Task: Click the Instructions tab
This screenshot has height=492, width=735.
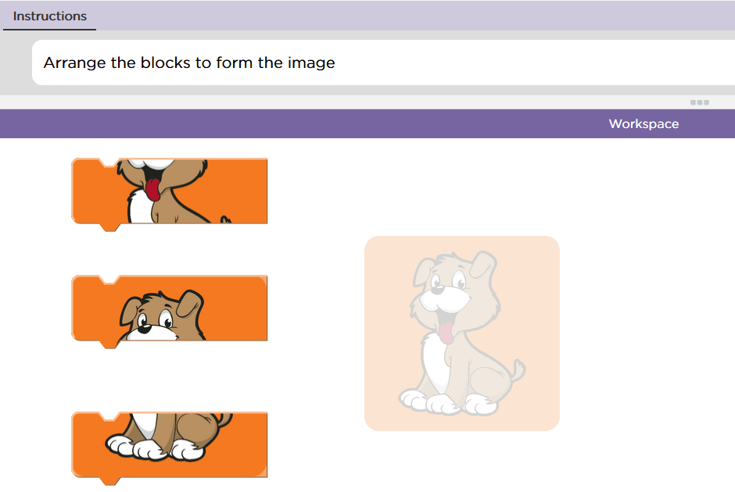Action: click(x=50, y=16)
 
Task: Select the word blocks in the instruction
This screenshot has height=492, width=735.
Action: click(x=166, y=62)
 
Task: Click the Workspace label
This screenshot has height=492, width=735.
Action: click(x=644, y=123)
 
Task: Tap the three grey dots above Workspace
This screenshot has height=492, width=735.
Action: click(x=699, y=102)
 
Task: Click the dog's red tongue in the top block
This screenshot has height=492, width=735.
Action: click(x=152, y=189)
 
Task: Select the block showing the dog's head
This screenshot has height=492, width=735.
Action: click(x=169, y=312)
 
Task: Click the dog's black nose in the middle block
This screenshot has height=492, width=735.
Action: click(x=144, y=329)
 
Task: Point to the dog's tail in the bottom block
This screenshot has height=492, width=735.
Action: click(x=224, y=419)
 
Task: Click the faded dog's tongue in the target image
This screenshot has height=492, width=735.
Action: click(x=446, y=332)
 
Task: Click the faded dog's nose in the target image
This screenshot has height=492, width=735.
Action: click(x=437, y=290)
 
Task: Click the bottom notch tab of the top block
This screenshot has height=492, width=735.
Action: click(x=110, y=227)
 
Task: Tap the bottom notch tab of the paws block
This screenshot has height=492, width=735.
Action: click(x=110, y=481)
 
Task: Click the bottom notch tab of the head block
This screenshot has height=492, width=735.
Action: click(x=110, y=344)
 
